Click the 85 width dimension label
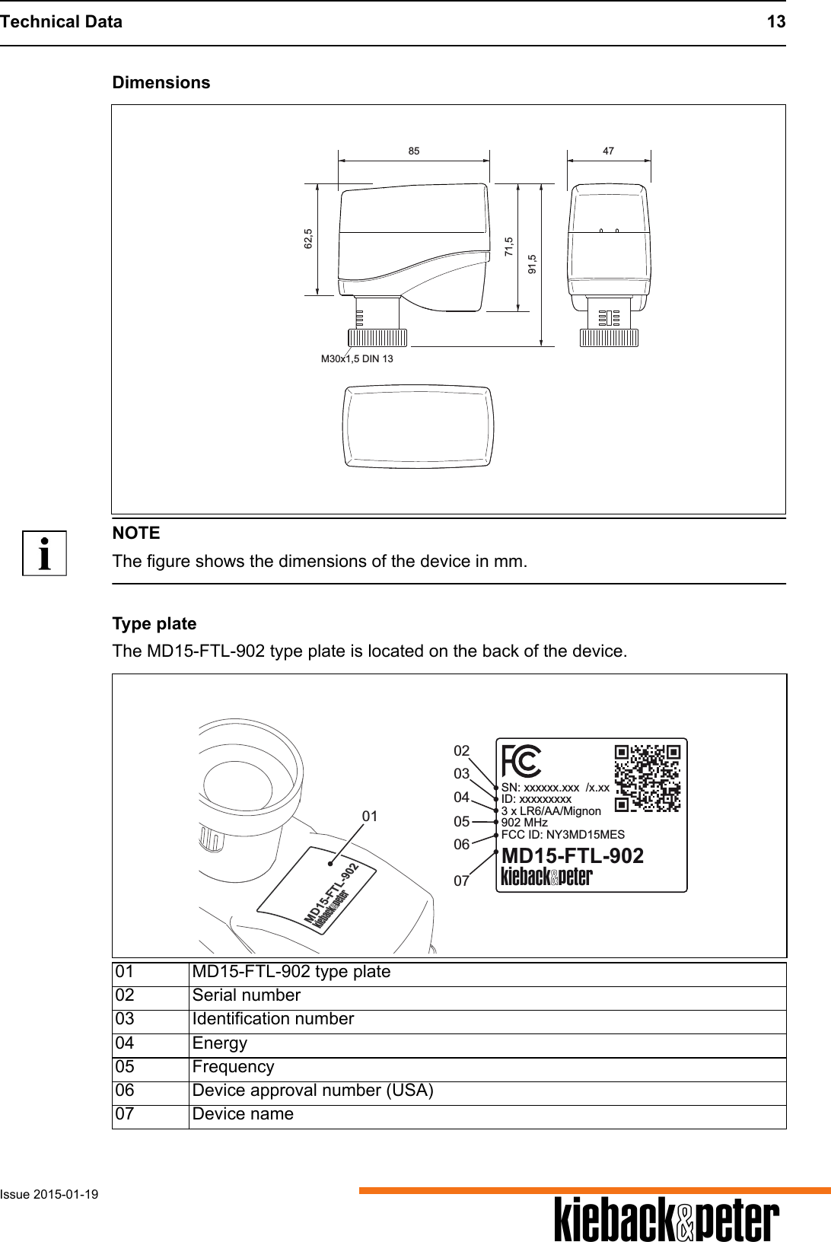pyautogui.click(x=413, y=151)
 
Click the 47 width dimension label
pyautogui.click(x=608, y=151)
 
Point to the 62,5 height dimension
pyautogui.click(x=307, y=238)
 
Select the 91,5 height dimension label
pyautogui.click(x=532, y=263)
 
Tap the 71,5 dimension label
pyautogui.click(x=509, y=247)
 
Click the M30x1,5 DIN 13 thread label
pyautogui.click(x=357, y=358)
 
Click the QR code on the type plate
pyautogui.click(x=647, y=777)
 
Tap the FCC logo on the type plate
pyautogui.click(x=521, y=760)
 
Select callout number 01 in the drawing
pyautogui.click(x=370, y=816)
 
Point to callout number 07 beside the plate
pyautogui.click(x=461, y=881)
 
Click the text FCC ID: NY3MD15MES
pyautogui.click(x=562, y=834)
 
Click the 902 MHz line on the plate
pyautogui.click(x=524, y=823)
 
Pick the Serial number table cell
pyautogui.click(x=247, y=995)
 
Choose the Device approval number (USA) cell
pyautogui.click(x=313, y=1091)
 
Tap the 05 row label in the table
pyautogui.click(x=126, y=1067)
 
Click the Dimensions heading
pyautogui.click(x=161, y=82)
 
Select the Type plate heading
pyautogui.click(x=154, y=624)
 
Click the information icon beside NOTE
pyautogui.click(x=45, y=553)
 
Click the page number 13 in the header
pyautogui.click(x=775, y=21)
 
